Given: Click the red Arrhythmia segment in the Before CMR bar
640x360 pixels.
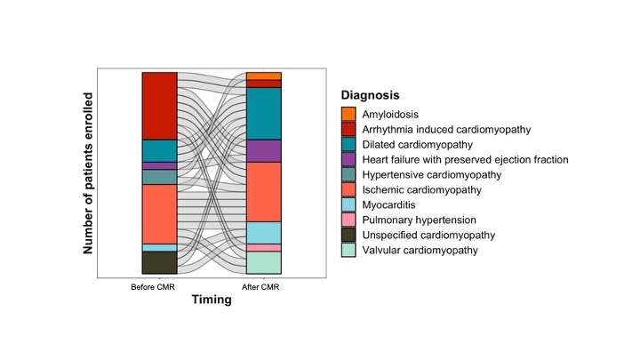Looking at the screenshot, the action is point(160,106).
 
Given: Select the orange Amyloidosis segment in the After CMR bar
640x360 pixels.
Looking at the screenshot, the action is point(264,76).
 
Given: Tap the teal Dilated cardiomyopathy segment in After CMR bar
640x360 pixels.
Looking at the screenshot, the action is point(264,114).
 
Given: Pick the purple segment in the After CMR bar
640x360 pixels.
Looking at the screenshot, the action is point(264,151).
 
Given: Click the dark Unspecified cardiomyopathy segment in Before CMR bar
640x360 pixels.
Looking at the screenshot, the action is point(160,262).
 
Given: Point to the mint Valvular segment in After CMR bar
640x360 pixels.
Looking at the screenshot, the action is point(264,262).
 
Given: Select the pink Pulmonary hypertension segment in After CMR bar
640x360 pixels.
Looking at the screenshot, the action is point(264,248).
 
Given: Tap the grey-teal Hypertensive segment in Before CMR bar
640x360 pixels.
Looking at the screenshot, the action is point(160,177).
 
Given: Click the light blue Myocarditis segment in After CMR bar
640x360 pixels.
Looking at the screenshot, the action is point(264,233).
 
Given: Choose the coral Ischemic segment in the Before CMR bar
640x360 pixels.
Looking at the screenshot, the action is point(160,214).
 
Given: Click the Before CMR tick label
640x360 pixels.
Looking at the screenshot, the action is point(153,287).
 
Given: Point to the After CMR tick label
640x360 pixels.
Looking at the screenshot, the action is point(260,287).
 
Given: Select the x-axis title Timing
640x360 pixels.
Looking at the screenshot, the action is point(212,300).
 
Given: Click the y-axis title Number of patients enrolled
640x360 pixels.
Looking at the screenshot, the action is point(88,173).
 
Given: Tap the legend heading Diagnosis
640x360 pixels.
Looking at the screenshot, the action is point(370,95).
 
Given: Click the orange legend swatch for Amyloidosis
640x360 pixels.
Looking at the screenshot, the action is point(348,114).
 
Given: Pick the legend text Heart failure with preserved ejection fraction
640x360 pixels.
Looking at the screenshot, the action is point(465,160).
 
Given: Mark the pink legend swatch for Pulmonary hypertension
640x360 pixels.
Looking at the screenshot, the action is point(348,220).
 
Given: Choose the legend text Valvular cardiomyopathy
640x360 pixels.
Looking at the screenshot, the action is point(420,250).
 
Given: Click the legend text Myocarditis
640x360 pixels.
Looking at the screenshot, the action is point(388,205).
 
